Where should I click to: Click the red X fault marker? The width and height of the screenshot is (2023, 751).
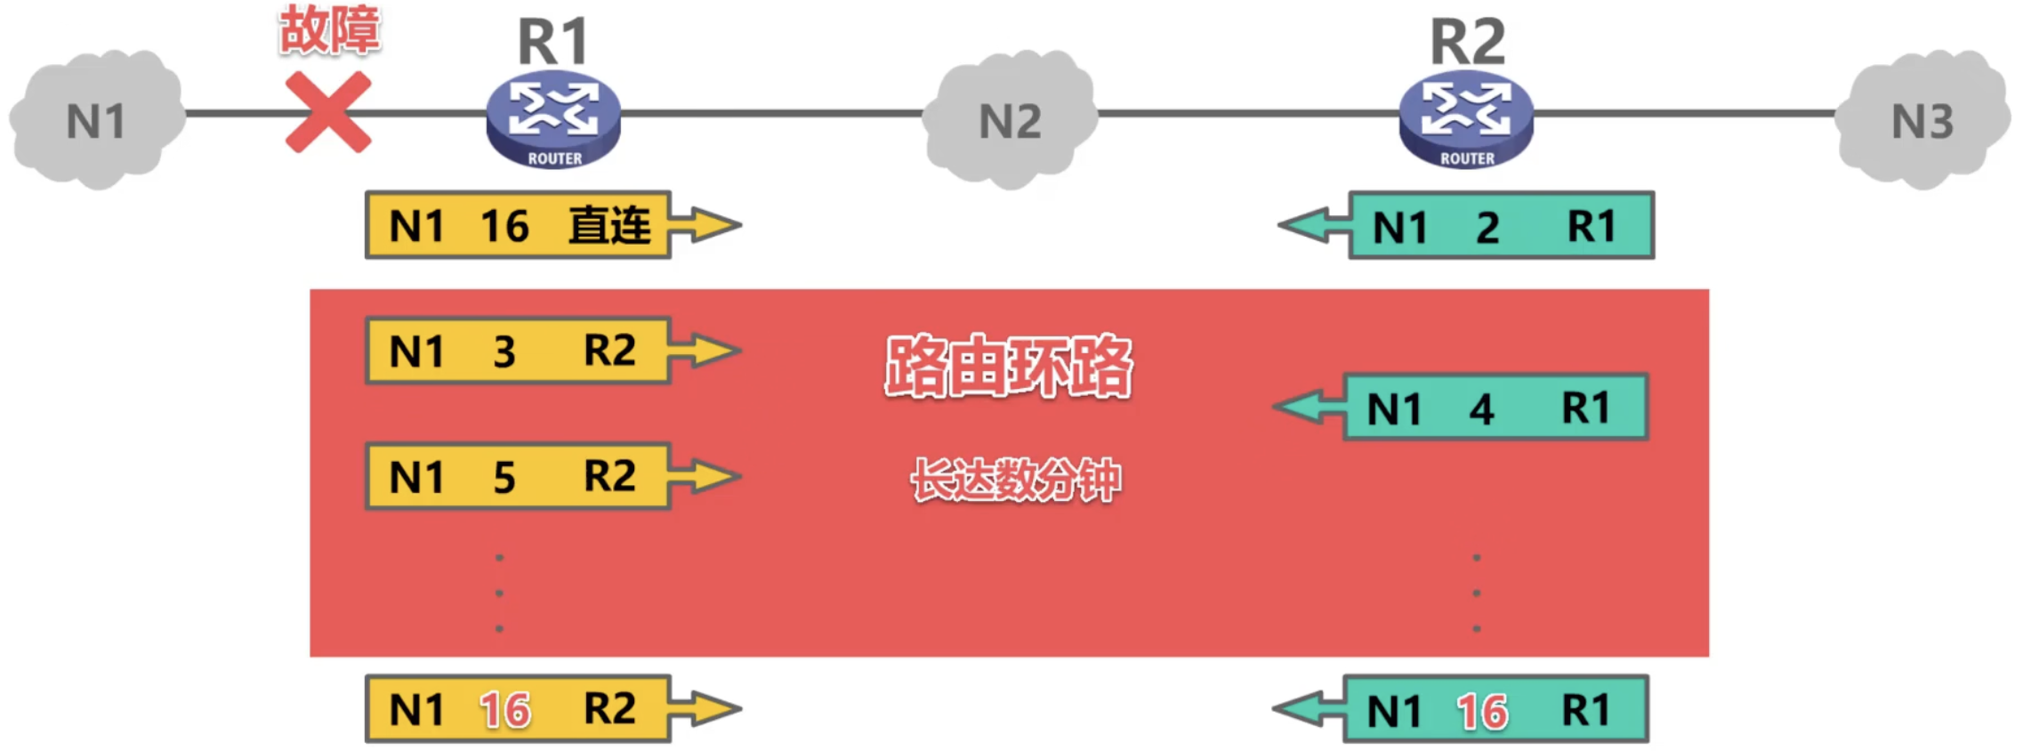pos(327,112)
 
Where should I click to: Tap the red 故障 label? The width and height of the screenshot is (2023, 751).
pos(330,29)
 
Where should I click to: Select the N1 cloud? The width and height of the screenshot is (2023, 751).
pos(96,119)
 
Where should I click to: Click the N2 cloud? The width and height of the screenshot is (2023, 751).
pos(1010,119)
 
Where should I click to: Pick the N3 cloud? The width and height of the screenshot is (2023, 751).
pos(1922,119)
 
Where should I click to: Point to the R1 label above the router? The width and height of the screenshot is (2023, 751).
pos(553,41)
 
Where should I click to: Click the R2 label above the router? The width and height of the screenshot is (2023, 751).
pos(1467,41)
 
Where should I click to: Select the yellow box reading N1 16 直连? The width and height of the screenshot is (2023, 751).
pos(518,225)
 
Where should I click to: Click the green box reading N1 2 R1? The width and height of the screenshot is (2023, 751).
pos(1501,225)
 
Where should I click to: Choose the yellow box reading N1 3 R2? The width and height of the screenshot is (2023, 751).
pos(518,351)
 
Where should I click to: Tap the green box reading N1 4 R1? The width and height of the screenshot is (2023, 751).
pos(1495,408)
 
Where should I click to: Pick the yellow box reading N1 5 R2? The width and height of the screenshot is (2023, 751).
pos(518,476)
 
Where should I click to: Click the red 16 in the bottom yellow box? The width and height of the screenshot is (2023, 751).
pos(505,710)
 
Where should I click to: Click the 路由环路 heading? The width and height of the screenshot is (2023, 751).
pos(1008,366)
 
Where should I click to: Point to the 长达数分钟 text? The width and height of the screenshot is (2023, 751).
pos(1016,480)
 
